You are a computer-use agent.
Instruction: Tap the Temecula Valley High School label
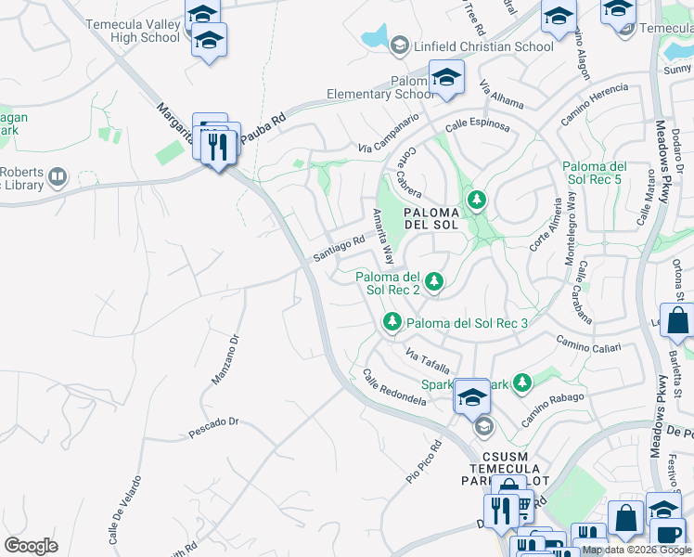(x=133, y=31)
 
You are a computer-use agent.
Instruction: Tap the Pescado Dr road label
(x=213, y=425)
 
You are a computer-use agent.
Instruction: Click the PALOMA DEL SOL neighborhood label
(x=431, y=217)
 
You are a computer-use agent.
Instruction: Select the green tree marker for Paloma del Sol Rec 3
(x=393, y=321)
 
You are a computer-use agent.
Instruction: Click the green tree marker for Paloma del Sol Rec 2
(x=432, y=279)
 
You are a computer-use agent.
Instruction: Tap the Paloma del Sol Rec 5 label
(x=595, y=173)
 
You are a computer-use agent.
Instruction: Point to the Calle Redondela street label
(x=394, y=389)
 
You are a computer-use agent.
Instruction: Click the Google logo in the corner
(x=31, y=546)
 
